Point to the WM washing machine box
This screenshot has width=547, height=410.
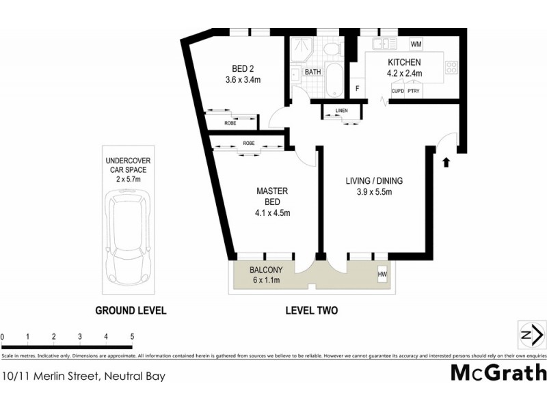click(416, 44)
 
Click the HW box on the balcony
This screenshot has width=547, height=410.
click(382, 275)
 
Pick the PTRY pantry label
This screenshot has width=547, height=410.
click(413, 90)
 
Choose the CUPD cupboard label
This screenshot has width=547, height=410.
click(397, 90)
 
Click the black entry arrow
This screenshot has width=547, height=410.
click(446, 162)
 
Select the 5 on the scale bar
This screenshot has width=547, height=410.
click(131, 337)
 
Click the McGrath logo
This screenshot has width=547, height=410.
click(498, 372)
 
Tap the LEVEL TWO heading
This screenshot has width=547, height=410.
click(312, 310)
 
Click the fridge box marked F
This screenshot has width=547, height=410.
click(356, 88)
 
